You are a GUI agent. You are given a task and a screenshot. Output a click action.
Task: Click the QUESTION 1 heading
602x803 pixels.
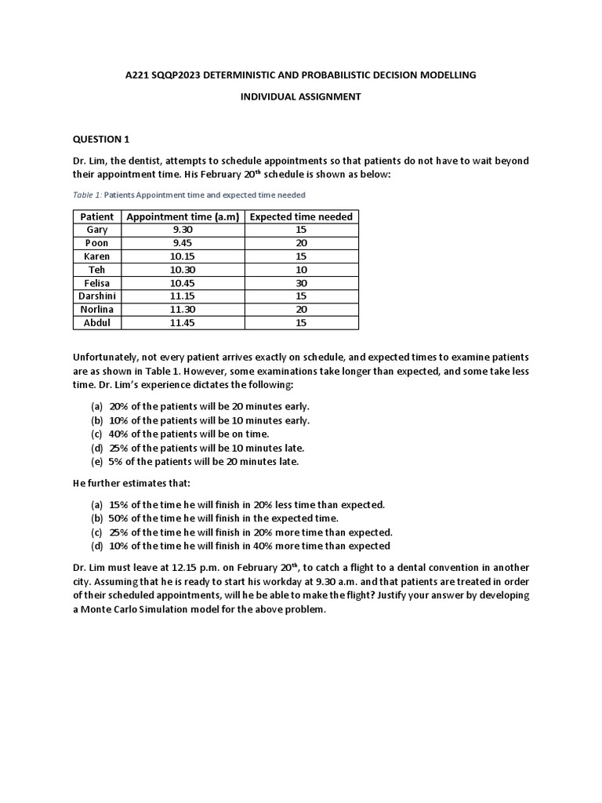(x=101, y=140)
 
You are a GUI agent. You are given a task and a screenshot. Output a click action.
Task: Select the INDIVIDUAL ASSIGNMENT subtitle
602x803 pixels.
(x=300, y=96)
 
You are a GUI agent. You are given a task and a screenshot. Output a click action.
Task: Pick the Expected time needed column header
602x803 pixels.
(x=301, y=216)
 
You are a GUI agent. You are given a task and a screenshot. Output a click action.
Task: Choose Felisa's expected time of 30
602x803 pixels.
(x=301, y=282)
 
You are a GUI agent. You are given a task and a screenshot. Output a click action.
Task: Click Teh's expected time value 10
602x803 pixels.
(x=301, y=269)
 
